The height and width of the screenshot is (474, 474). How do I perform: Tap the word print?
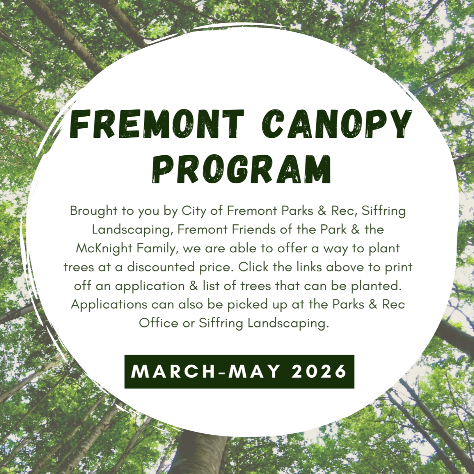coord(398,267)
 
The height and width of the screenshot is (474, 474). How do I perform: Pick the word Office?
coord(158,323)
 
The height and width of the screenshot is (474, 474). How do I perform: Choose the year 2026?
coord(319,371)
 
